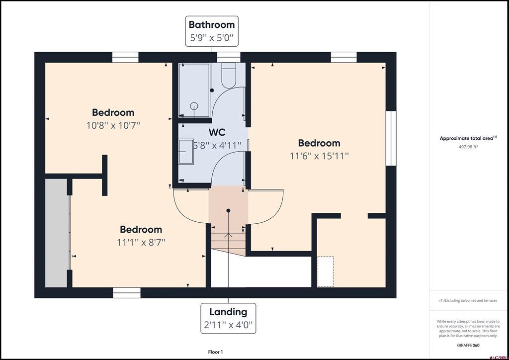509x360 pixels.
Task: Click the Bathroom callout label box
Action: [212, 31]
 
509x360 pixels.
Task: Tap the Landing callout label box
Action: [228, 318]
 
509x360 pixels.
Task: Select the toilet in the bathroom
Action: [229, 75]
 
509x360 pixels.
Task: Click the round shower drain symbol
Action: [194, 105]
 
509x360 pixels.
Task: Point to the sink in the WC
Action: [186, 151]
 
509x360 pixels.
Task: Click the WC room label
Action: [217, 132]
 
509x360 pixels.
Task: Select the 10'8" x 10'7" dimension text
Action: [113, 125]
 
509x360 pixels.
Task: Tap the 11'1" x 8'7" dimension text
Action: [141, 242]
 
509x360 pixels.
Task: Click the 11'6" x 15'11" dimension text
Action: [319, 156]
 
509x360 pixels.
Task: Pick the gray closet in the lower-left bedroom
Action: [57, 233]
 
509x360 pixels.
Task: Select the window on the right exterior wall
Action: [391, 138]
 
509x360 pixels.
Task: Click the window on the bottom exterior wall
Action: [127, 292]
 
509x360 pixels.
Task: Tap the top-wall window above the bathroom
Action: [229, 57]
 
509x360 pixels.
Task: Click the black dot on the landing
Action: [228, 211]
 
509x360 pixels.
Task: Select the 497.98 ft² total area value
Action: [468, 146]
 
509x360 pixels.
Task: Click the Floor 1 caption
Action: [215, 352]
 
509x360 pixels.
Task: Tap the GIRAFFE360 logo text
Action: [468, 345]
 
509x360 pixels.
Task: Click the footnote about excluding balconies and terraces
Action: [468, 301]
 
